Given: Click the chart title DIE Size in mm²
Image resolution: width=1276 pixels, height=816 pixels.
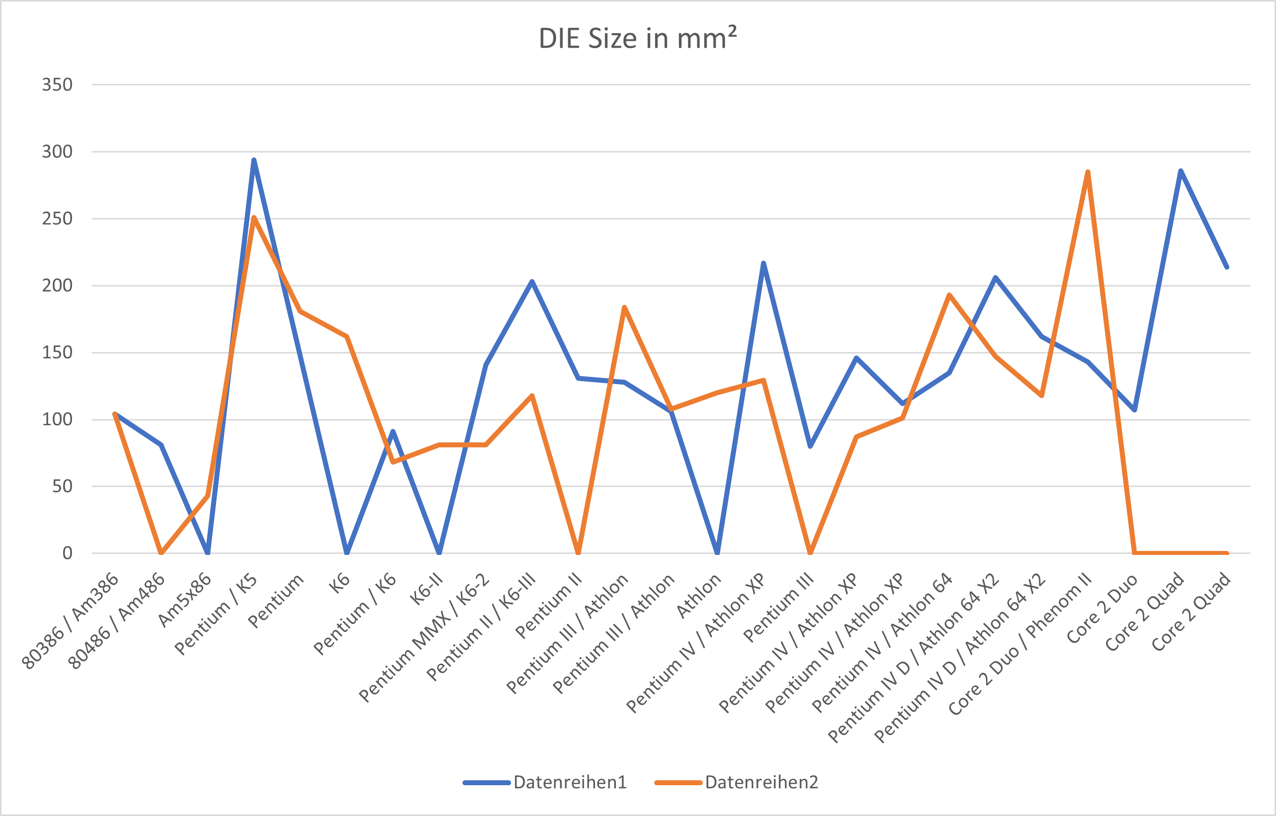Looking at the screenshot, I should (637, 39).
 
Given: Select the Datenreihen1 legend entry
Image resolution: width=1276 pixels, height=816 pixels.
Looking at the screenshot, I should (570, 782).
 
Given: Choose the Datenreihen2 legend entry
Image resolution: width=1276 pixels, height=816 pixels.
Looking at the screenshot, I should (761, 782).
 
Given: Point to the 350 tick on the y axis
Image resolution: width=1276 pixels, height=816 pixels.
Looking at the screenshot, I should (57, 85).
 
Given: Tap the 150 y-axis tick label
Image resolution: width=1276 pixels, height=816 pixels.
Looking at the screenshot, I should (57, 352).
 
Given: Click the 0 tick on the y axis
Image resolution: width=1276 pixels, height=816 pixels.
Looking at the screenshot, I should (68, 553).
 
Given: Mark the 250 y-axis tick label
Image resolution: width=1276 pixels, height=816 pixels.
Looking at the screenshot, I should (57, 219).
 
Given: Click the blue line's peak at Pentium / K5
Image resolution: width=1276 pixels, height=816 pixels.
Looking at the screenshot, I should (254, 159).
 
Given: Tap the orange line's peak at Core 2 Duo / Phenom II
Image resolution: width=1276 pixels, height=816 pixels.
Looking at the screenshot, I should (1088, 172).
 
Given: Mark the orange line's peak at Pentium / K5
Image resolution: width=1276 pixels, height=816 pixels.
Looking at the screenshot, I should (254, 217).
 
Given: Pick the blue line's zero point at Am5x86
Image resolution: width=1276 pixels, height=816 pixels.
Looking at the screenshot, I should (207, 552).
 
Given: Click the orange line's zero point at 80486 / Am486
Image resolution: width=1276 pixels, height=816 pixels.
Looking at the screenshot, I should (161, 552).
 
